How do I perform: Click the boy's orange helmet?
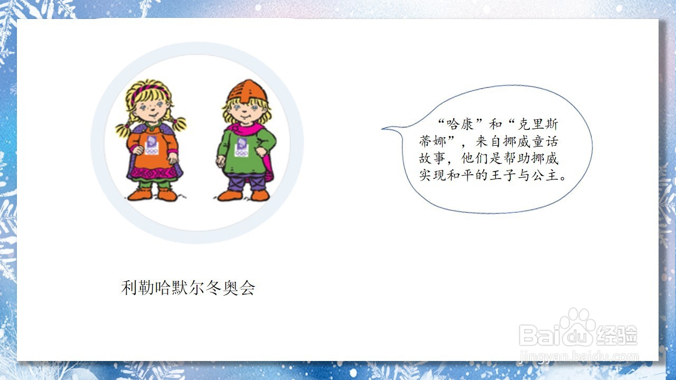pyautogui.click(x=247, y=91)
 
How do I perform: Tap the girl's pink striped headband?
pyautogui.click(x=148, y=90)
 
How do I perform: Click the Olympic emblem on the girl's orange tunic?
pyautogui.click(x=151, y=145)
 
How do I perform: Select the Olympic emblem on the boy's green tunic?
pyautogui.click(x=241, y=147)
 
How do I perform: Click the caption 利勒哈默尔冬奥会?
pyautogui.click(x=188, y=288)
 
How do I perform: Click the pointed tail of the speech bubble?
pyautogui.click(x=382, y=129)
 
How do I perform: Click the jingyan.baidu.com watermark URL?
pyautogui.click(x=578, y=357)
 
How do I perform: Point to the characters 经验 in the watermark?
pyautogui.click(x=617, y=335)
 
